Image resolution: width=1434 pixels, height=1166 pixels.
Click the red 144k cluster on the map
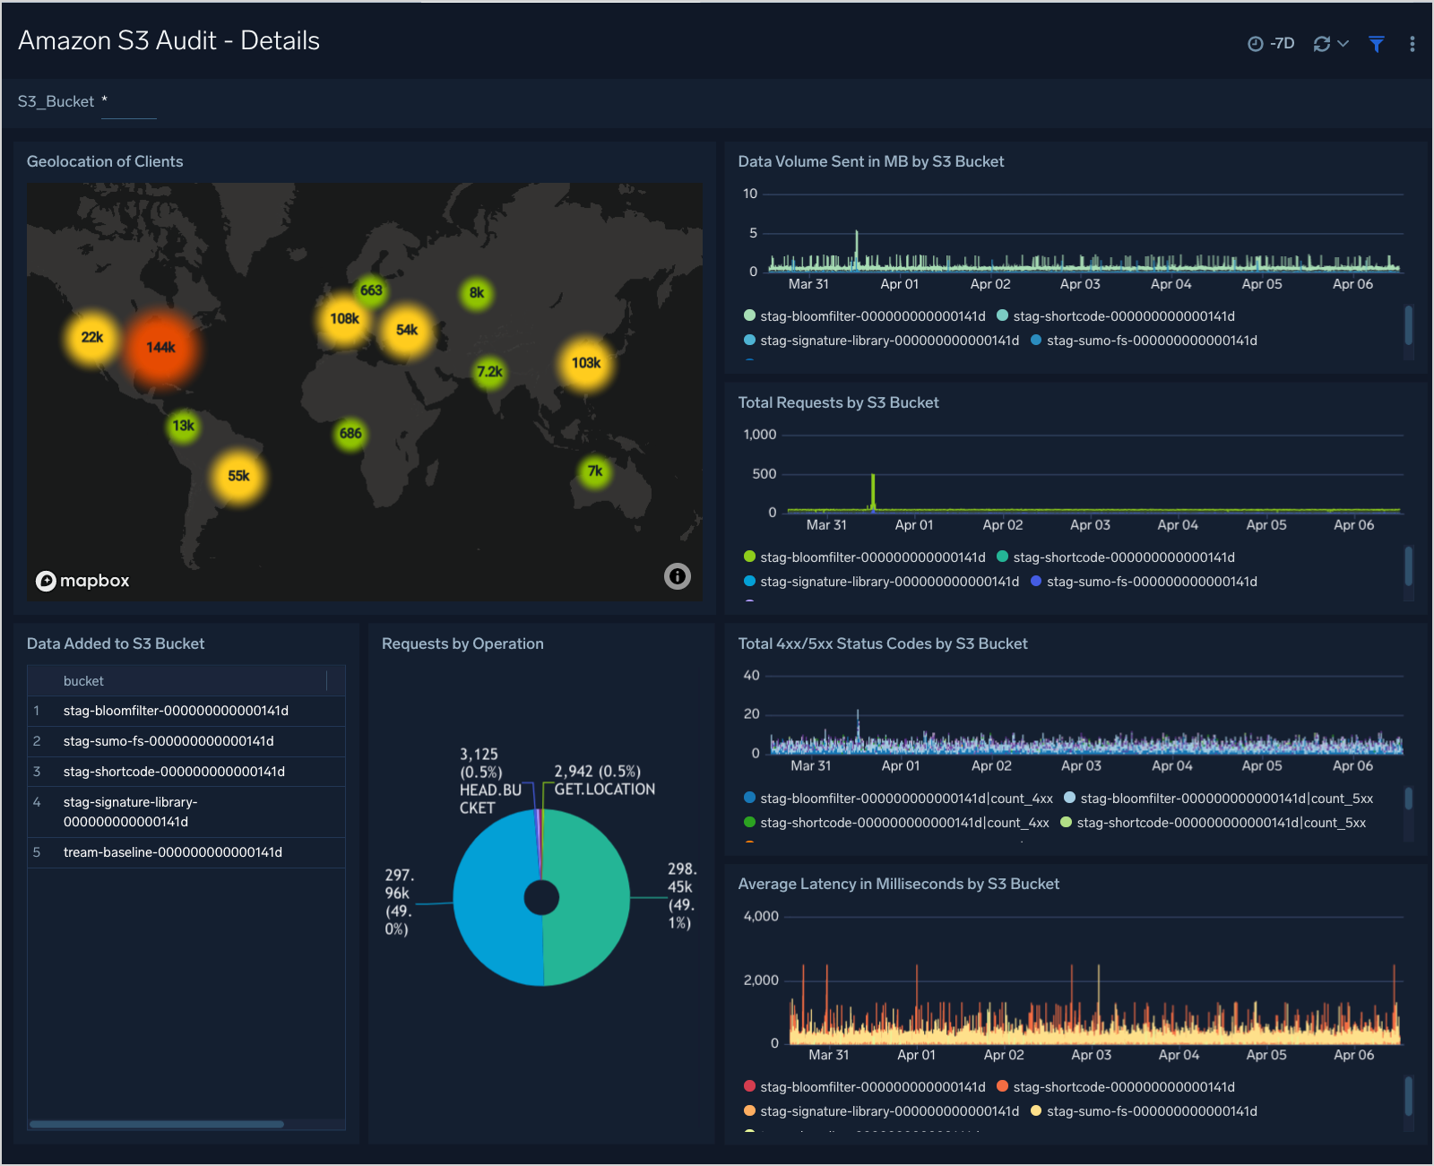point(160,347)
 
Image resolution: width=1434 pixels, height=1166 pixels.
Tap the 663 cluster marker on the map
point(371,290)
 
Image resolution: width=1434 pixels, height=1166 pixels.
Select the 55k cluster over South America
point(238,476)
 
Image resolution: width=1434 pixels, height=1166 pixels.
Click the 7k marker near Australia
point(594,471)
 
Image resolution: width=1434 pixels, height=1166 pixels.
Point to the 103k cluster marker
point(586,363)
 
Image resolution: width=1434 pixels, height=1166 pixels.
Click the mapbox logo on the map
point(83,581)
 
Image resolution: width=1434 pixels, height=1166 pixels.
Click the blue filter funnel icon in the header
point(1377,44)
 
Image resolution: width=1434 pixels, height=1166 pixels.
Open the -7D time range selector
point(1272,44)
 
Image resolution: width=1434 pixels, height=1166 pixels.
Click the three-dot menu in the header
point(1412,44)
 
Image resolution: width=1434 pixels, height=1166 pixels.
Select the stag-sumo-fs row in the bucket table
point(168,741)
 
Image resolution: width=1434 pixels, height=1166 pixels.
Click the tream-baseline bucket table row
point(172,852)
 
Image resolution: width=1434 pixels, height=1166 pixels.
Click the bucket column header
point(83,681)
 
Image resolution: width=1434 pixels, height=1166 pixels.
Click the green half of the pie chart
point(587,896)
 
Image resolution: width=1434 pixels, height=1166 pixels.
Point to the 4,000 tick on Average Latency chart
point(761,916)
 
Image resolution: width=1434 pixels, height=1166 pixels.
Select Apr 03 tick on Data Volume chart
point(1080,284)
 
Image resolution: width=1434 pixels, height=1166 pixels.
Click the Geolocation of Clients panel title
point(105,161)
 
